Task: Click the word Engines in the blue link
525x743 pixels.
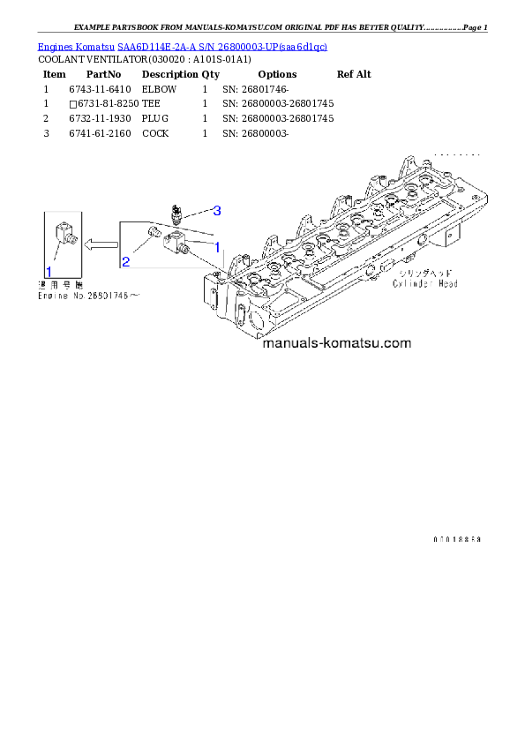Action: (x=54, y=46)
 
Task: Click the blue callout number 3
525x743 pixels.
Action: (x=216, y=210)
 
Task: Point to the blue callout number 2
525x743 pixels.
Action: (x=126, y=261)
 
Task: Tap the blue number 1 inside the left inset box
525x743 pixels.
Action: (x=49, y=271)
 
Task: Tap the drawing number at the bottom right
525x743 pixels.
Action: (x=457, y=538)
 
